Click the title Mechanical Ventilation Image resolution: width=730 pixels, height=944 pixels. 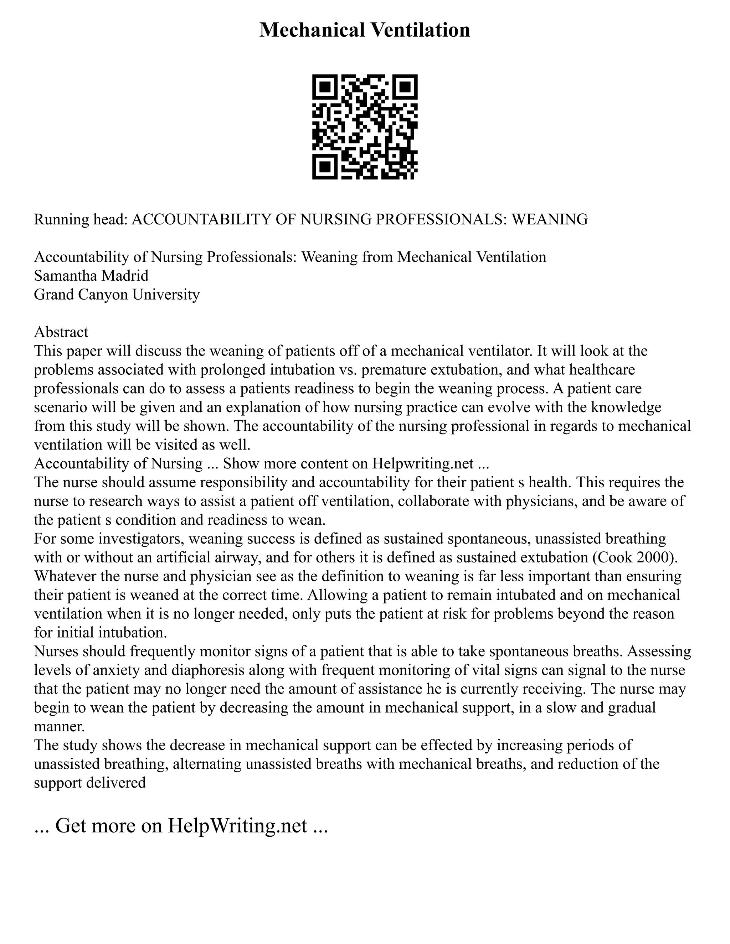click(365, 30)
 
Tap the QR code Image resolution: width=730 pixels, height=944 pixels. click(365, 127)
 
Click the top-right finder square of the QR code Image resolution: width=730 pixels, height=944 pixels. click(405, 87)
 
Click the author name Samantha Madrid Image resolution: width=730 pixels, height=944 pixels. click(91, 276)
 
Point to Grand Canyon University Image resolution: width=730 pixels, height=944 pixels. click(117, 294)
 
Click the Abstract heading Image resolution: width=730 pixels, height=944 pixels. click(61, 332)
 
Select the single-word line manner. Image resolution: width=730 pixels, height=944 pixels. click(59, 727)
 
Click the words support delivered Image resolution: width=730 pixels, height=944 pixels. click(90, 783)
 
